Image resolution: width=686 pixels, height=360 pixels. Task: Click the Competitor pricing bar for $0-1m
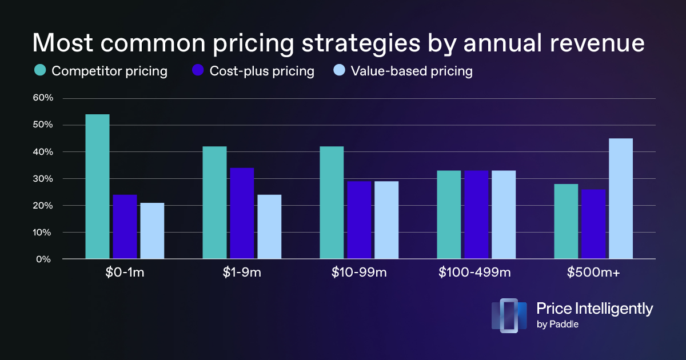click(97, 187)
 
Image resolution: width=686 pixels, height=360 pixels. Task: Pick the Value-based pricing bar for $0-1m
click(152, 231)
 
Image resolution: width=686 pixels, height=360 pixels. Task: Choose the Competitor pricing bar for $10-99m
click(332, 203)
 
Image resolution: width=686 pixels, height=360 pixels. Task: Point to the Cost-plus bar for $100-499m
click(476, 215)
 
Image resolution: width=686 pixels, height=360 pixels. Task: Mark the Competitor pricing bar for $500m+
click(566, 222)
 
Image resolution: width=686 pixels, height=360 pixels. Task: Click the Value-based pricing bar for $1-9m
click(269, 227)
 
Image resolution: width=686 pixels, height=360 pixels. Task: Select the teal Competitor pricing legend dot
click(41, 71)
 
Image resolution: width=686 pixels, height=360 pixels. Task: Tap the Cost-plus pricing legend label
click(262, 71)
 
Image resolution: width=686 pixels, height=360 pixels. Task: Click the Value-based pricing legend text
click(412, 71)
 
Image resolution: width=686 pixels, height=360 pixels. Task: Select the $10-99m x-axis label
click(359, 273)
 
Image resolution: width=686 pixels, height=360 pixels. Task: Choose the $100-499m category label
click(475, 273)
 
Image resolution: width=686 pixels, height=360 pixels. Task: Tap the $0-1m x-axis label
click(124, 273)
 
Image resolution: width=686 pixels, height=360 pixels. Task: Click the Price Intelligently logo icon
click(509, 315)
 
